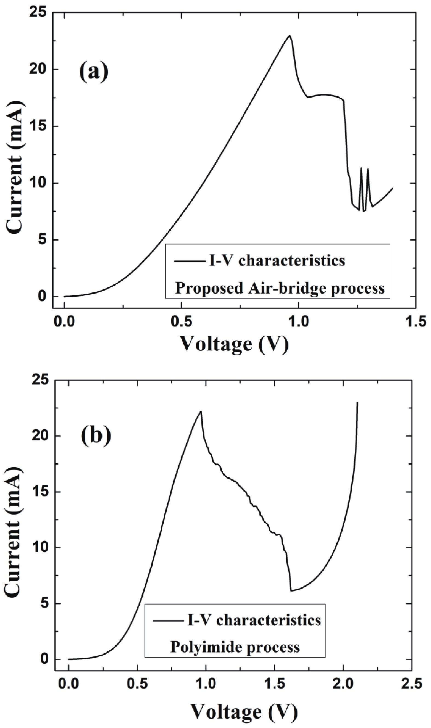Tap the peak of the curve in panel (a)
tap(289, 36)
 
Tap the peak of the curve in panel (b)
tap(201, 411)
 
